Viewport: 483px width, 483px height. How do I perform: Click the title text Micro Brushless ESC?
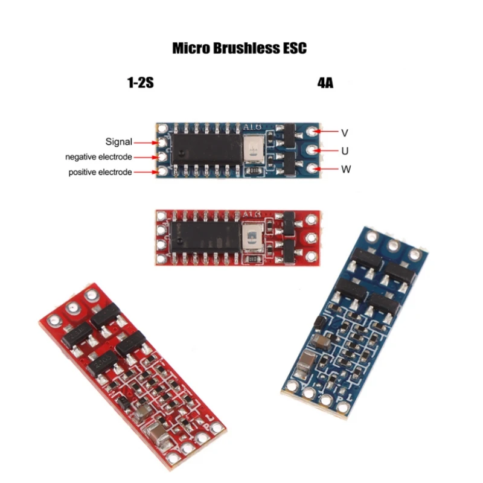[239, 48]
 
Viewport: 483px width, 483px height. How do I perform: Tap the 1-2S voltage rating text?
[140, 83]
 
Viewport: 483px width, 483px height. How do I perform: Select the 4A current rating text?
[325, 83]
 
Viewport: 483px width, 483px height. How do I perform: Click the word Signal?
[118, 142]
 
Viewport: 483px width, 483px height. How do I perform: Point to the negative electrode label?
[98, 157]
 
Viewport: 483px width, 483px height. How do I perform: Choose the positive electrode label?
[100, 173]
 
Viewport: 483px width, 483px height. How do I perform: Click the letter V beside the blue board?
[345, 132]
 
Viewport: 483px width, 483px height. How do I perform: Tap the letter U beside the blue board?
[345, 150]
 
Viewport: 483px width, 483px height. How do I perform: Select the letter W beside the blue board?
[346, 170]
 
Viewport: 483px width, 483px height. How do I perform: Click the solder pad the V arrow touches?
[312, 131]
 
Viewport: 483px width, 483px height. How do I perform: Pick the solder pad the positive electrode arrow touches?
[161, 173]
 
